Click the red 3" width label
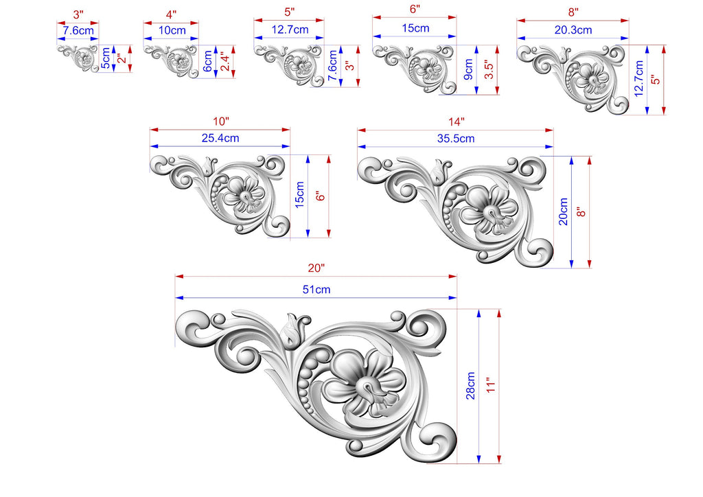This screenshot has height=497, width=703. pos(78,14)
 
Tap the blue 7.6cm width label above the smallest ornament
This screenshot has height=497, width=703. pos(78,30)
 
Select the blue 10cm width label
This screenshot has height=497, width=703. pos(172,30)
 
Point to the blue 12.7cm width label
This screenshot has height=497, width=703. pos(290,30)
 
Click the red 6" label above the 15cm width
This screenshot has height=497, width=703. pos(415,9)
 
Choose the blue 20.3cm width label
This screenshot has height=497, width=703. pos(573,30)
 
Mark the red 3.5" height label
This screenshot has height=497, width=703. pos(489,69)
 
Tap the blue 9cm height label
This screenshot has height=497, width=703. pos(468,69)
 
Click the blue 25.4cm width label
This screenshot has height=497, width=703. pos(220,138)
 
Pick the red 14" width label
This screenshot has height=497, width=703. pos(457,122)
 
